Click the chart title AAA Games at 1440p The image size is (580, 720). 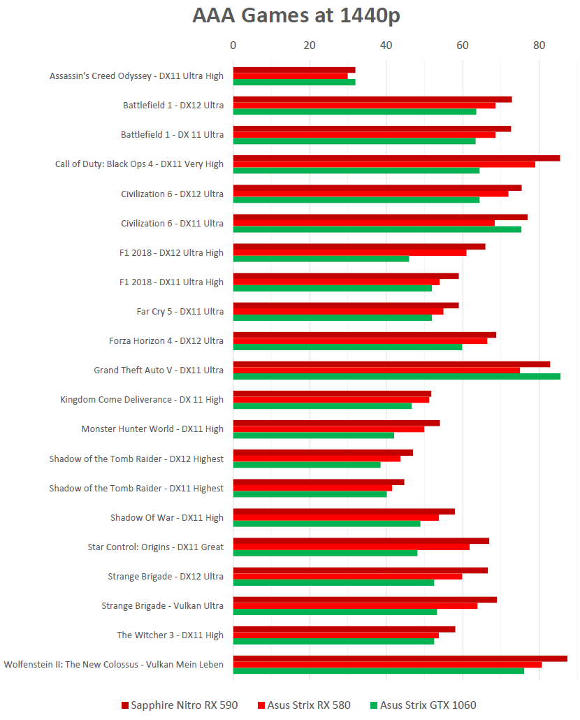pos(296,15)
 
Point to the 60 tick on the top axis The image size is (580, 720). pos(462,45)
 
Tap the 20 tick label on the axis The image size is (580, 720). pos(310,45)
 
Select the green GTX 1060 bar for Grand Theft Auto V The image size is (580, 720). pos(396,376)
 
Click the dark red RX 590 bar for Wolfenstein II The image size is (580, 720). pos(400,658)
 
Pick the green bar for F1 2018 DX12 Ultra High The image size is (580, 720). pos(321,259)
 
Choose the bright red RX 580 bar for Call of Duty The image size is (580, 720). pos(384,164)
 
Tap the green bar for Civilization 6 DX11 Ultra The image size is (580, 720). pos(377,229)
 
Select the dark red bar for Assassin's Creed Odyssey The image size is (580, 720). pos(293,70)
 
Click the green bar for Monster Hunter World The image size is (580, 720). pos(313,435)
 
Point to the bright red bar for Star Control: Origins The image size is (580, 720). pos(351,547)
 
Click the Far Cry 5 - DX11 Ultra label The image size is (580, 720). pos(180,311)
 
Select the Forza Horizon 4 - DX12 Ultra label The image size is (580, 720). pos(166,340)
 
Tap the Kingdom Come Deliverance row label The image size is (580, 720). pos(142,399)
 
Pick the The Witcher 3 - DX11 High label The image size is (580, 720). pos(171,635)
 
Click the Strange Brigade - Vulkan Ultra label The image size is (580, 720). pos(162,605)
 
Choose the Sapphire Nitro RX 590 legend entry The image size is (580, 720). pos(180,705)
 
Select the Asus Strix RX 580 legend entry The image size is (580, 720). pos(304,705)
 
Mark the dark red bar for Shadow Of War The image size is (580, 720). pos(343,512)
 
